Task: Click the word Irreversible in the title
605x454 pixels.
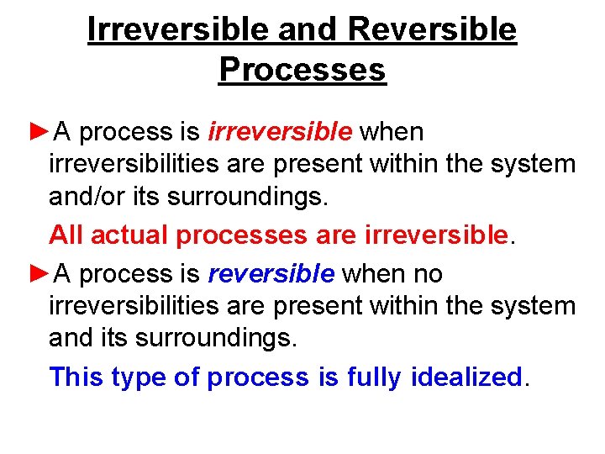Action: [178, 29]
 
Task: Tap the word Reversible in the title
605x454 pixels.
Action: [430, 29]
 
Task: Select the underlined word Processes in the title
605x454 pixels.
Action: [302, 69]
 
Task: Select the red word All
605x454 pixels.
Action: [66, 235]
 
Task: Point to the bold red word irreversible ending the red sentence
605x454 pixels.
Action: [437, 235]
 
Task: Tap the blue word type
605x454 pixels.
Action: [139, 378]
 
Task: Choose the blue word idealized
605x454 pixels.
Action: [466, 377]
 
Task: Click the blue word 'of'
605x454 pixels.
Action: [186, 377]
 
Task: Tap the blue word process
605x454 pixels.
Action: [257, 378]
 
